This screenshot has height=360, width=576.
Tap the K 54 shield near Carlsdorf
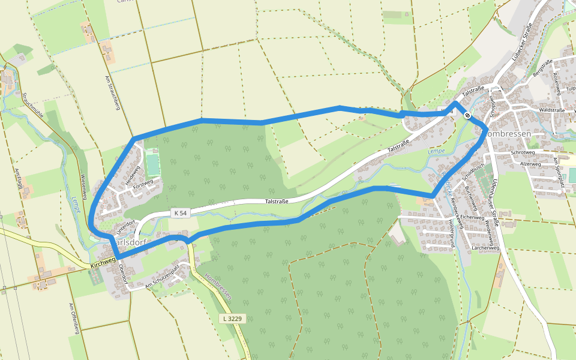(x=180, y=212)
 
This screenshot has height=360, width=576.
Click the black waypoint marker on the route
(x=467, y=115)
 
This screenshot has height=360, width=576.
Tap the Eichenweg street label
(x=472, y=217)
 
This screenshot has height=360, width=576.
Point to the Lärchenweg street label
(x=485, y=247)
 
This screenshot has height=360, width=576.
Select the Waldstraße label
(x=553, y=110)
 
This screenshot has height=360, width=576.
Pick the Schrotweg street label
(x=523, y=152)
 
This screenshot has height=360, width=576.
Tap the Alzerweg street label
(x=530, y=163)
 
